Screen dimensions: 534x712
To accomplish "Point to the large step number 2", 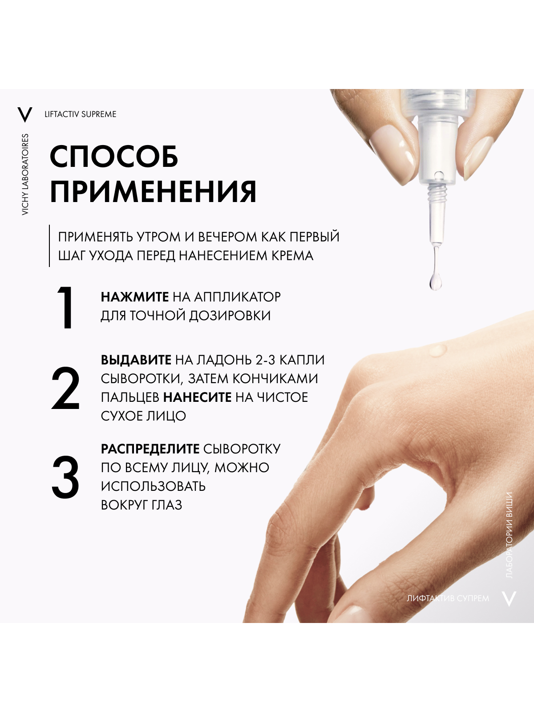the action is coord(65,388).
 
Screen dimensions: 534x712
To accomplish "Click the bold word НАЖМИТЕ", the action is coord(134,297).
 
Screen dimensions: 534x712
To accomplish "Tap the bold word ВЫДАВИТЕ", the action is coord(136,360).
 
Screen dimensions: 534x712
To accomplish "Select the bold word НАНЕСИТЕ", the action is coord(197,397).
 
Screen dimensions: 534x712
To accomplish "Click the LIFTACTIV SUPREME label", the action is coord(81,114).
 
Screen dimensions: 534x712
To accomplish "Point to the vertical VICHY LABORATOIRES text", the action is coord(25,174).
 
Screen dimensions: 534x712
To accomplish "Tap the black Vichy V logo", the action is coord(24,114).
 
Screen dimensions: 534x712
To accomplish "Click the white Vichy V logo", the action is coord(509,598).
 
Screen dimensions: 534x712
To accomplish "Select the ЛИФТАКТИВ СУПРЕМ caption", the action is coord(448,599).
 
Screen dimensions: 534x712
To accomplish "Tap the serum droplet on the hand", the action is coord(438,349).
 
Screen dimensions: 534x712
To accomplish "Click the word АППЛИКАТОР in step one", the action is coord(237,297).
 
